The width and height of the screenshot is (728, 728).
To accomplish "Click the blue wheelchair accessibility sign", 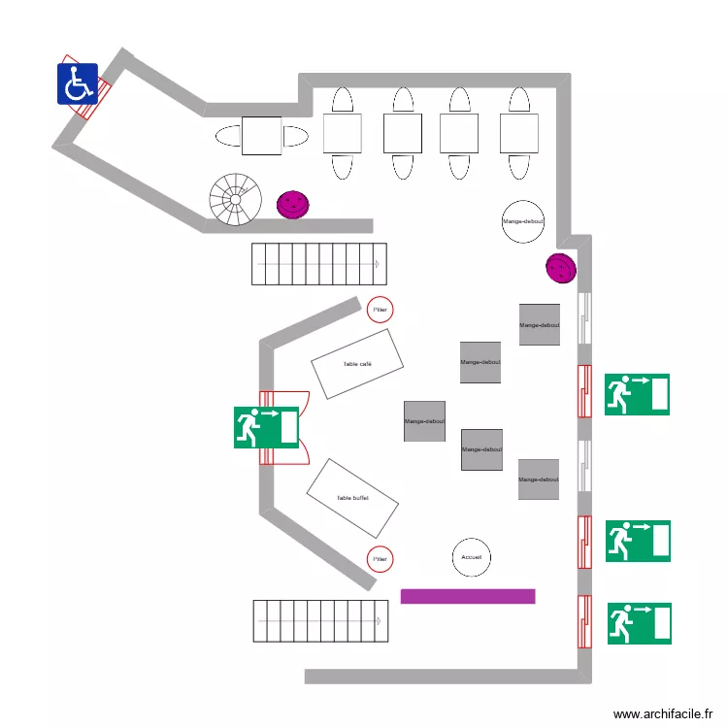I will click(x=78, y=83).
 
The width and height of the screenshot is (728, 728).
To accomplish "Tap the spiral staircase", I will click(x=236, y=199).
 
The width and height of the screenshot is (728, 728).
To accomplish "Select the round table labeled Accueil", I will click(x=472, y=557).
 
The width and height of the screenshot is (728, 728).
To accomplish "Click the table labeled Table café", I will click(x=357, y=364).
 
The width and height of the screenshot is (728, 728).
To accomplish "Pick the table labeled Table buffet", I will click(x=352, y=498).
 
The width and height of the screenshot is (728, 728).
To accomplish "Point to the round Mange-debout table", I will click(x=523, y=222).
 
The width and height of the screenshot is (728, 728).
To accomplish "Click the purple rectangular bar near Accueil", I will click(x=468, y=596).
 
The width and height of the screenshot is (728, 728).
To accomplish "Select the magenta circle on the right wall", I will click(x=561, y=268).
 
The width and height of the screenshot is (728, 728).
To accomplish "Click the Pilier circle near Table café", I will click(x=381, y=310).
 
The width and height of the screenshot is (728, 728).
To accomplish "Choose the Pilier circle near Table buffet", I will click(x=381, y=559).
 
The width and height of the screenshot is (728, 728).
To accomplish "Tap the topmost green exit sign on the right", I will click(x=637, y=395).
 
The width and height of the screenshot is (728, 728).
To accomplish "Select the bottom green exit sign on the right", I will click(x=639, y=623).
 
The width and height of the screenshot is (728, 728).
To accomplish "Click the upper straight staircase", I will click(x=319, y=263).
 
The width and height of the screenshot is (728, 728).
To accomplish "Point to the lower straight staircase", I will click(x=320, y=620).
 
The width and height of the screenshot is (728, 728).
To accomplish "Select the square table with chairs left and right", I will click(x=261, y=136).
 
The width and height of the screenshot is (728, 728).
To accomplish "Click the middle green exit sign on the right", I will click(x=638, y=541).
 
